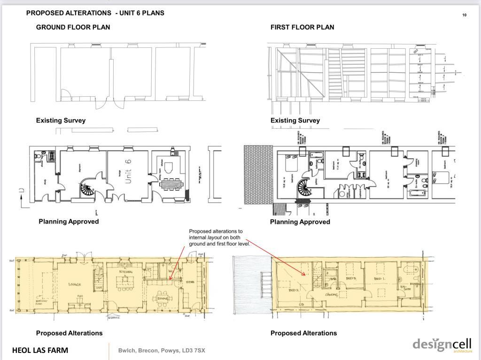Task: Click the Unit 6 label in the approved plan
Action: [128, 172]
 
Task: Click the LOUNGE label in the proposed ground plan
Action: [75, 284]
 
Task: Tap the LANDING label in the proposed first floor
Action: [333, 295]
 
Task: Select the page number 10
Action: [465, 15]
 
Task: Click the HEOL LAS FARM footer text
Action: [40, 350]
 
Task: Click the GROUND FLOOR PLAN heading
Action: [73, 27]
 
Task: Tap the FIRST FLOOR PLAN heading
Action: [302, 27]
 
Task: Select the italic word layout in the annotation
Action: [215, 237]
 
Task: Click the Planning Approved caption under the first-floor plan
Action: [300, 222]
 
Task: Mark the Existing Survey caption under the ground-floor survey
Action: [61, 121]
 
